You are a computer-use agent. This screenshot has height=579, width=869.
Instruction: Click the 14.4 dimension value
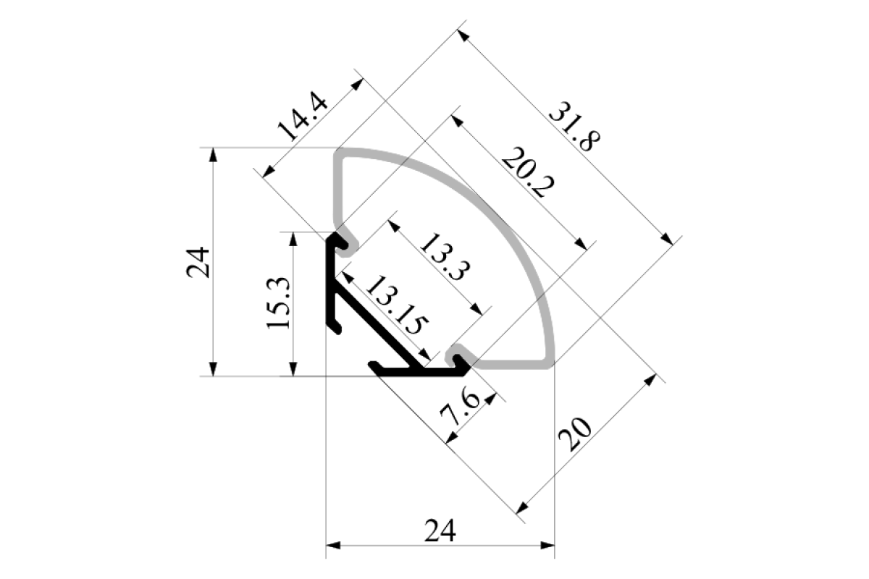tap(303, 117)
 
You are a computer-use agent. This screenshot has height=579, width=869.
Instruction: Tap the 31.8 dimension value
tap(574, 127)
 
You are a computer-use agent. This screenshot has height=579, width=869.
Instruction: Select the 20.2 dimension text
tap(528, 172)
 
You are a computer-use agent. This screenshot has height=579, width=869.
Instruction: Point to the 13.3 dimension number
tap(445, 257)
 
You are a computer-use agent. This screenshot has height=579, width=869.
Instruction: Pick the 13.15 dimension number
tap(398, 305)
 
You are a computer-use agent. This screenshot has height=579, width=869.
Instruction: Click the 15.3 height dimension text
tap(278, 303)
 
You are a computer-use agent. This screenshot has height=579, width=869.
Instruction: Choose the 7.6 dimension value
tap(461, 409)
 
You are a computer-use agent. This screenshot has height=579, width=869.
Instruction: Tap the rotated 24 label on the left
tap(198, 263)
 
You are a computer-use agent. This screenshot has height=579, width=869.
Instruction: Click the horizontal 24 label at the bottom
tap(440, 531)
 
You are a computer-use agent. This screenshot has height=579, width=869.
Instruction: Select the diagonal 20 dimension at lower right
tap(575, 435)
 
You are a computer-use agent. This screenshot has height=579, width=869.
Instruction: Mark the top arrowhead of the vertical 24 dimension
tap(213, 155)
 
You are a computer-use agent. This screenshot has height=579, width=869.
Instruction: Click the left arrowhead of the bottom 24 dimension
tap(333, 546)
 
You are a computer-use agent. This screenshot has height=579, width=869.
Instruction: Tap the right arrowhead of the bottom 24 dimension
tap(547, 546)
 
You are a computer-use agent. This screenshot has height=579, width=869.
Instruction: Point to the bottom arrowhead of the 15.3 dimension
tap(293, 369)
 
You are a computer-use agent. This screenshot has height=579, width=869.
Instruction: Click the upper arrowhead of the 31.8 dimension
tap(463, 36)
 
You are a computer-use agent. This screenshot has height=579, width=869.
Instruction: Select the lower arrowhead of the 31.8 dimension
tap(667, 239)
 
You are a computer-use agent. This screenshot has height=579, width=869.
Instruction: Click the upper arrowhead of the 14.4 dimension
tap(357, 85)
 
